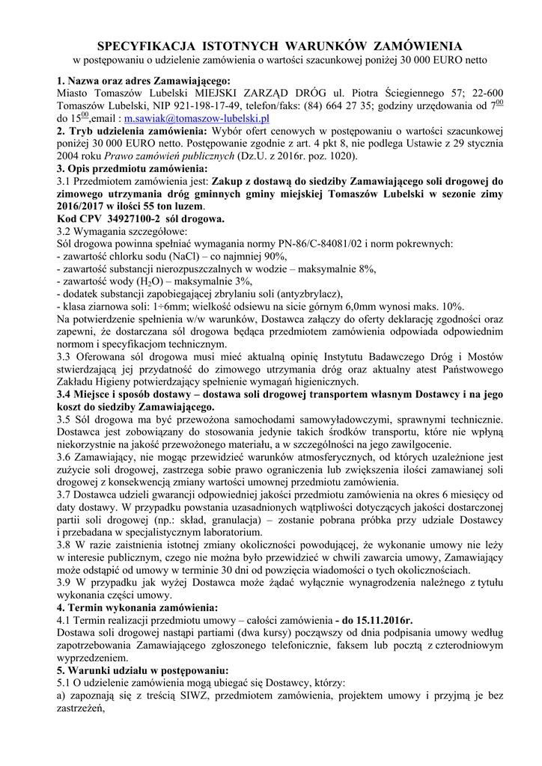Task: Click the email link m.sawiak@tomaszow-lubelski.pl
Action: (x=197, y=118)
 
